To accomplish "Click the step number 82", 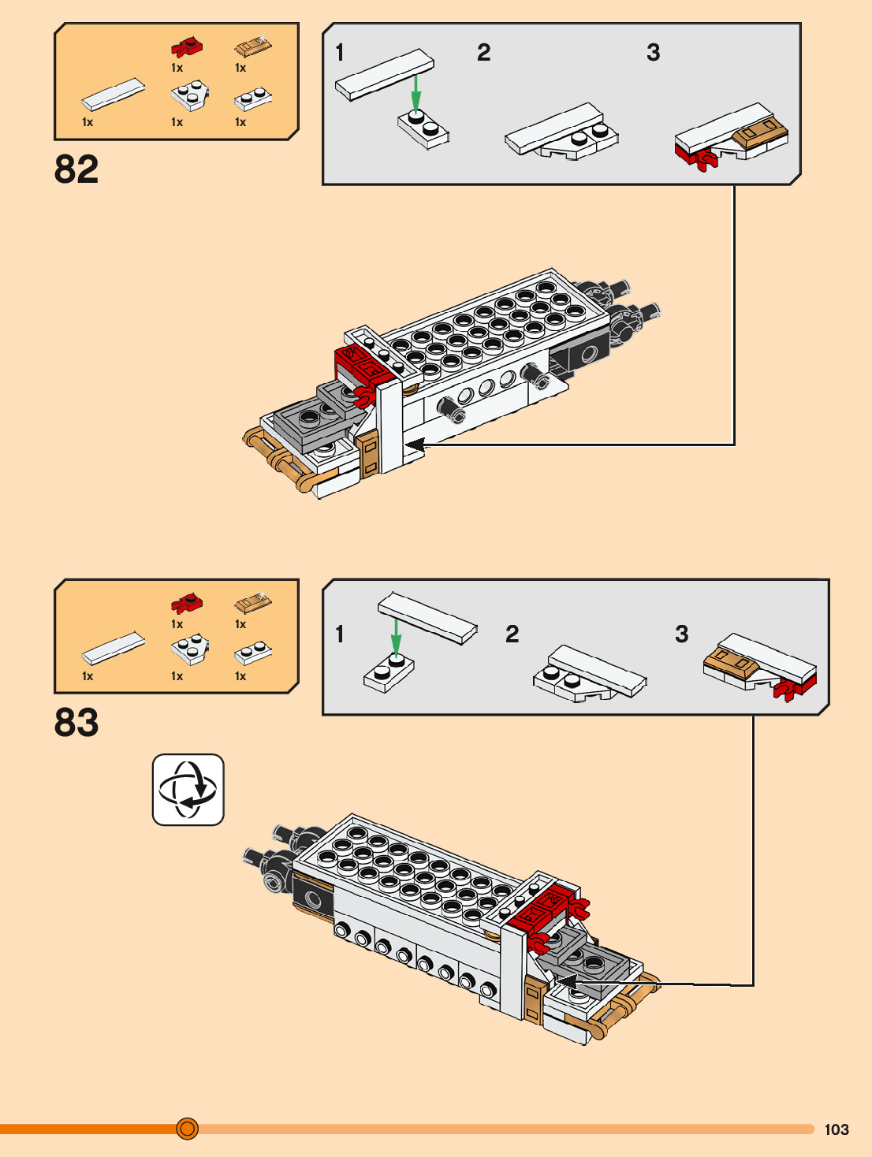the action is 76,169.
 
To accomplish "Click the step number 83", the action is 76,722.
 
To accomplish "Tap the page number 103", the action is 837,1129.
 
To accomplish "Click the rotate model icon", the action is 188,789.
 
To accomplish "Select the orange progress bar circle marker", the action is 187,1129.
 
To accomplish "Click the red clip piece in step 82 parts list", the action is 187,47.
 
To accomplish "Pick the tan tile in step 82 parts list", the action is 253,46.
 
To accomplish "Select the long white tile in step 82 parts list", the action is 114,95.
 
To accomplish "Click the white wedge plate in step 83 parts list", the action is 190,649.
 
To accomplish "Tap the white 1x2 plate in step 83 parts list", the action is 253,653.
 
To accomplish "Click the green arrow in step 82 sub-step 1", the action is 416,93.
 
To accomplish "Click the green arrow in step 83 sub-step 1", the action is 396,638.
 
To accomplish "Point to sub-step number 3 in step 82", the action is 653,53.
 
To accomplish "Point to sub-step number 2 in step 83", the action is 512,634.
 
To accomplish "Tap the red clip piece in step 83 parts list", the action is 187,603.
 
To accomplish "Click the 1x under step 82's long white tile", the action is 88,122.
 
